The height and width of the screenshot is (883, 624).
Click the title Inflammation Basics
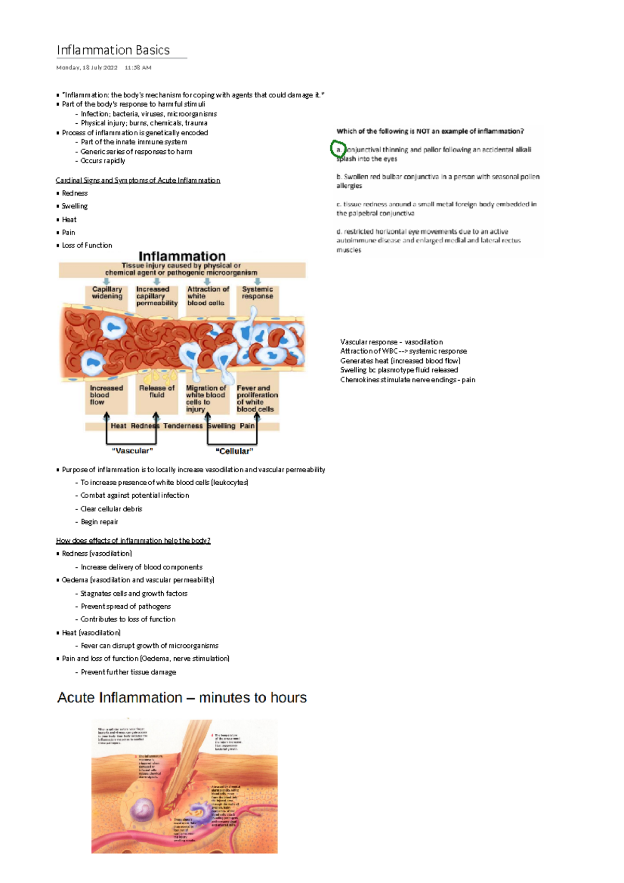point(113,50)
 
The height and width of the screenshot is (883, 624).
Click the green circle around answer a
point(338,149)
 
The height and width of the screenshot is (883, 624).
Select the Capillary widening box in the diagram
point(107,293)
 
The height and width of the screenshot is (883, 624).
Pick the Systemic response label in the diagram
point(257,293)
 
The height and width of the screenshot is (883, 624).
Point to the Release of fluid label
point(157,392)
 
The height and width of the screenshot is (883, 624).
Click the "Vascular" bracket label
point(132,451)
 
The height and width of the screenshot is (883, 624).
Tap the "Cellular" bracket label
point(234,451)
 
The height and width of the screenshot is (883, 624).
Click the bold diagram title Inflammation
point(182,256)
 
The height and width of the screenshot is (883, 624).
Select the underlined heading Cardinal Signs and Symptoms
point(138,180)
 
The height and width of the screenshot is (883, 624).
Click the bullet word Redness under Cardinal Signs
point(75,193)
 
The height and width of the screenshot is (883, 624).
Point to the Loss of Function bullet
point(87,245)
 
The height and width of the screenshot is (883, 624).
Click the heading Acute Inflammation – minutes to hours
point(182,697)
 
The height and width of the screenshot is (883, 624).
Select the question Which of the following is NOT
point(430,132)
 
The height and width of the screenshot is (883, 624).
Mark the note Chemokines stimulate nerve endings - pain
point(408,380)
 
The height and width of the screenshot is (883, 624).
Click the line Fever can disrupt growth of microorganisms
point(149,646)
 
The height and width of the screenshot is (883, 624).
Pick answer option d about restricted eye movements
point(428,240)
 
